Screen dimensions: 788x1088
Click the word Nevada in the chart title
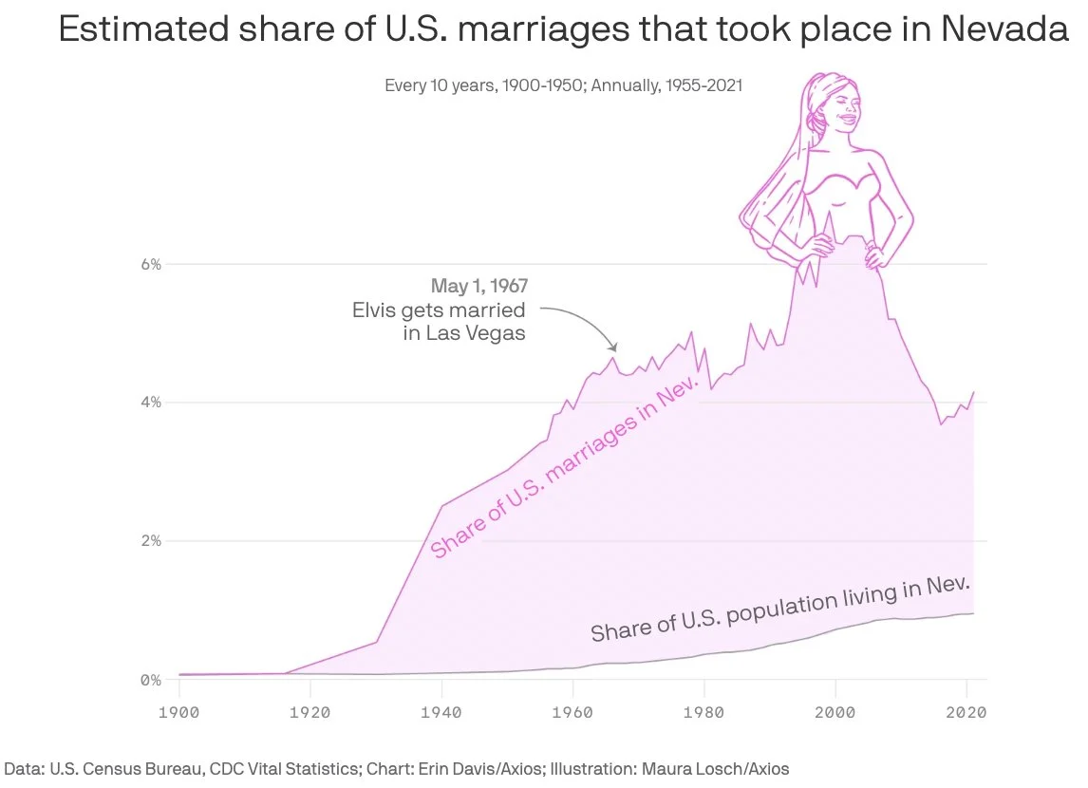coord(1004,30)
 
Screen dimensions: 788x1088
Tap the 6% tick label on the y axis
coord(151,264)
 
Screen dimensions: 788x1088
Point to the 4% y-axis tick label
coord(151,403)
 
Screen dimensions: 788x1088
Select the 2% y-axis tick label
coord(151,541)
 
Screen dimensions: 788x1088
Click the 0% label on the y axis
coord(151,680)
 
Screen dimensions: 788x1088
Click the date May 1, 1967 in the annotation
coord(479,286)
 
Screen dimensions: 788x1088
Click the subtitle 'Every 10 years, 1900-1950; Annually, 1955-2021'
coord(563,85)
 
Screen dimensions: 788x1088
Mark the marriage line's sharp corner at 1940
coord(441,506)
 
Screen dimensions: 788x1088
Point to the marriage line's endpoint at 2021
coord(974,392)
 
